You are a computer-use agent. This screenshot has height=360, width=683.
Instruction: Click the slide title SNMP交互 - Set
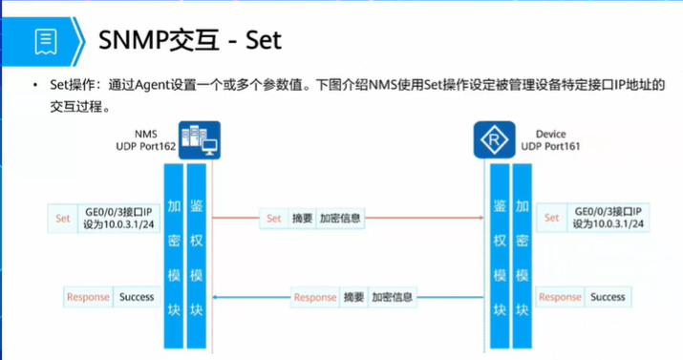click(x=191, y=40)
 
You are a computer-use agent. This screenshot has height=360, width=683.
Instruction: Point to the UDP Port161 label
click(x=551, y=147)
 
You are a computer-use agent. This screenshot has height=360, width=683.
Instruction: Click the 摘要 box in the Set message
click(x=302, y=219)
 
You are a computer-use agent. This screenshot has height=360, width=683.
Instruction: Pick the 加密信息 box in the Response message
click(x=393, y=297)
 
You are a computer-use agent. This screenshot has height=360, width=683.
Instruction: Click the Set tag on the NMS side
click(x=63, y=218)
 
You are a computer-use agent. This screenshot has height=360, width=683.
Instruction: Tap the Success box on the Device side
click(x=608, y=297)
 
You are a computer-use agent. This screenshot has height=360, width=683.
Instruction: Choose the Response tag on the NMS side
click(x=88, y=297)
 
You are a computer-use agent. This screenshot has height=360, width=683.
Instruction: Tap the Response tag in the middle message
click(x=315, y=297)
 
